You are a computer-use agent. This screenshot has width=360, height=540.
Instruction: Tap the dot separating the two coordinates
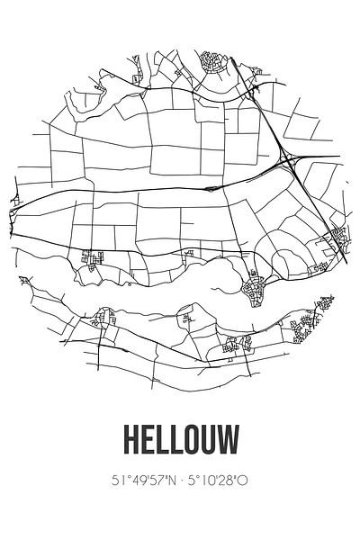click(182, 481)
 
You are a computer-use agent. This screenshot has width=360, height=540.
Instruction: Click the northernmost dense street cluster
click(212, 62)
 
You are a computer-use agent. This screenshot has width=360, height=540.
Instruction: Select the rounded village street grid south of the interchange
click(255, 288)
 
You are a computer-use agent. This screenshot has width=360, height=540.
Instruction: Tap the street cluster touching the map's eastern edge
click(340, 236)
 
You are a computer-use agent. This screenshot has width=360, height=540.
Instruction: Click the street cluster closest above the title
click(236, 343)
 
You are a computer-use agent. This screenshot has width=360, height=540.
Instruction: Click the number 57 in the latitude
click(155, 481)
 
